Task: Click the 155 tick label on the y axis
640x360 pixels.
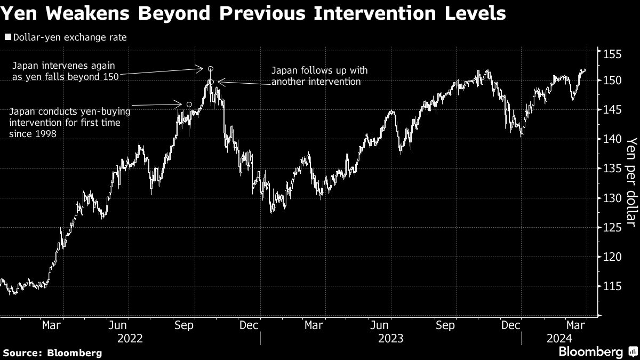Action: click(x=612, y=54)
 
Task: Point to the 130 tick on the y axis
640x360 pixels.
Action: click(x=612, y=198)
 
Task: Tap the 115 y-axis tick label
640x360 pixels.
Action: click(x=612, y=286)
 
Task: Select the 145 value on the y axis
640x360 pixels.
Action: click(x=612, y=110)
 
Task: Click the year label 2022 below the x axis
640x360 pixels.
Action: click(x=130, y=338)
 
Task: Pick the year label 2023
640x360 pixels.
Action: click(x=390, y=338)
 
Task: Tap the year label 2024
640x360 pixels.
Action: click(x=559, y=338)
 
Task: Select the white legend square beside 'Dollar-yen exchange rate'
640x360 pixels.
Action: click(x=7, y=37)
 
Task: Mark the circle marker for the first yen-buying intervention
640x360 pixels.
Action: click(x=189, y=105)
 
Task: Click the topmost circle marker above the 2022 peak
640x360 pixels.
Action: click(x=211, y=69)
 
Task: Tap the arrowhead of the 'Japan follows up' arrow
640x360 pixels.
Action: click(x=219, y=82)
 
